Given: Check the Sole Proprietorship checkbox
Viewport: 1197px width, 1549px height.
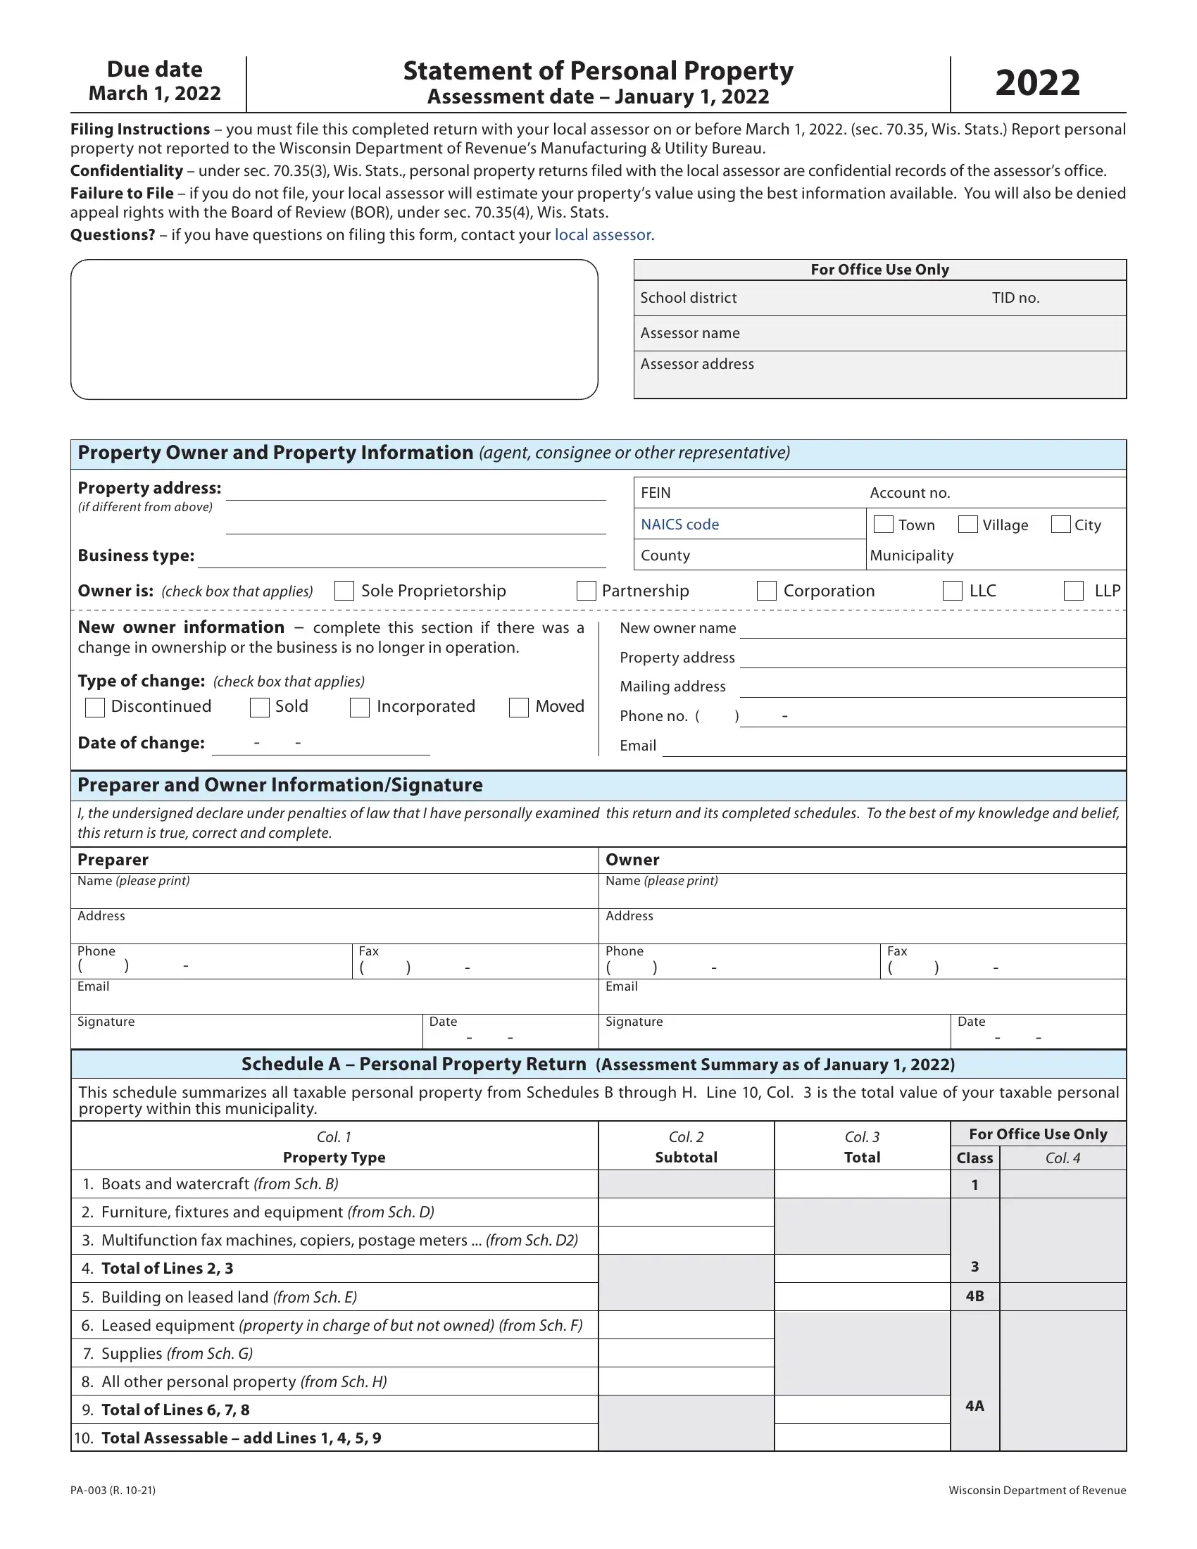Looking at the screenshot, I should pyautogui.click(x=344, y=591).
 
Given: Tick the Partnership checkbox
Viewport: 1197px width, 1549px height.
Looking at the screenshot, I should pyautogui.click(x=587, y=591).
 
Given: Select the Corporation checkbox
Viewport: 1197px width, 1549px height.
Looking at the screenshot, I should pyautogui.click(x=767, y=591).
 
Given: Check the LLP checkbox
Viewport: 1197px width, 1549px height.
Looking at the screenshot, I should pyautogui.click(x=1074, y=591).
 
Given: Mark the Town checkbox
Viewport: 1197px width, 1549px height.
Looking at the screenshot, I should pyautogui.click(x=884, y=524).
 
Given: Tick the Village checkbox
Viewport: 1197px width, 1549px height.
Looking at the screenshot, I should pyautogui.click(x=968, y=524).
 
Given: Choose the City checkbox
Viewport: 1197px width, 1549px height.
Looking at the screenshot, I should pyautogui.click(x=1061, y=524).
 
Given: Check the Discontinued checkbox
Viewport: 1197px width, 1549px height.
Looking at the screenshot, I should pyautogui.click(x=95, y=707).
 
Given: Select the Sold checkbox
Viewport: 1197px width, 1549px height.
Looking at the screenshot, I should pyautogui.click(x=260, y=707).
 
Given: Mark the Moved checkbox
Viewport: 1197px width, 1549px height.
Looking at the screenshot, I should pyautogui.click(x=519, y=707).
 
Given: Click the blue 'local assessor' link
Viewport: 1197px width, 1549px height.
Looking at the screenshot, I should pyautogui.click(x=603, y=234).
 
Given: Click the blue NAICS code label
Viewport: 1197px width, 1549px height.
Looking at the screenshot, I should pyautogui.click(x=679, y=524).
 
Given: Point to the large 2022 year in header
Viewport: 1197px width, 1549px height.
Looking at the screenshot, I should pyautogui.click(x=1037, y=83).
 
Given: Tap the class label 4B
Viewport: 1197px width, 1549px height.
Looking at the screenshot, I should pyautogui.click(x=975, y=1296).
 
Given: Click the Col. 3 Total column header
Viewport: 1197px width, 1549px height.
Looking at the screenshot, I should pyautogui.click(x=862, y=1147).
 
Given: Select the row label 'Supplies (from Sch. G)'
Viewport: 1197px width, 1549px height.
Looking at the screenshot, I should pyautogui.click(x=177, y=1353).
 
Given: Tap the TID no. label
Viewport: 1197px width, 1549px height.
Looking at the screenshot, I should pyautogui.click(x=1015, y=298).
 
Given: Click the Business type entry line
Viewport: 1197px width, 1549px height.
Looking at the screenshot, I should pyautogui.click(x=401, y=558).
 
